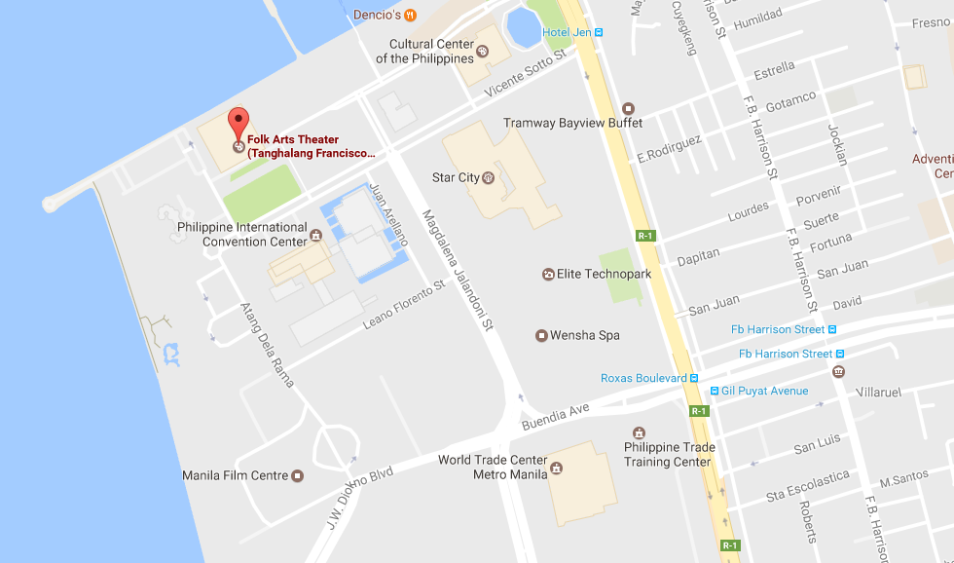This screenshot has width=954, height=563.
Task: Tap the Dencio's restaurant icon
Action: tap(411, 15)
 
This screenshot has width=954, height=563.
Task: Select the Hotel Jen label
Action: tap(568, 32)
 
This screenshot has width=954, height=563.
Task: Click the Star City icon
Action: tap(488, 177)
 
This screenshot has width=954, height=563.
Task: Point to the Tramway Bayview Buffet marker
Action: tap(628, 108)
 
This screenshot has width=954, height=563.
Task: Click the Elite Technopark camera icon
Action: tap(548, 275)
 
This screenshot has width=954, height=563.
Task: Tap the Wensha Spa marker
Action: tap(541, 336)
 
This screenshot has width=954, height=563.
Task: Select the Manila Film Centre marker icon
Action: tap(298, 475)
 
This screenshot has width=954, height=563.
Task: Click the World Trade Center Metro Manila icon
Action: tap(556, 468)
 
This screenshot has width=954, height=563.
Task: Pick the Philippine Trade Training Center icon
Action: tap(639, 432)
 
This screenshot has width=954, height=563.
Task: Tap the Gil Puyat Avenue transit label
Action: tap(764, 391)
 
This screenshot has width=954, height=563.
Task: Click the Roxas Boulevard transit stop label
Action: tap(649, 378)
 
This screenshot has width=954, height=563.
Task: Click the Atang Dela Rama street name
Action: tap(267, 345)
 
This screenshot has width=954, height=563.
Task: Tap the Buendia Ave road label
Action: tap(556, 417)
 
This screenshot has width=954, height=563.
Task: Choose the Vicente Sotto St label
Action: tap(526, 74)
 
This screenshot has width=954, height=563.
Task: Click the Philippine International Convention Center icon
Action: tap(315, 235)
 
